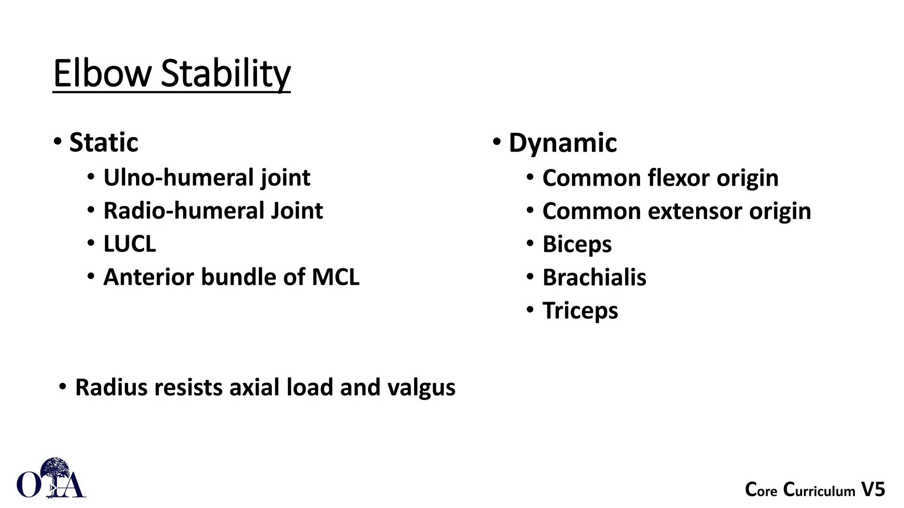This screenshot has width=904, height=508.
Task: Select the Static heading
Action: pyautogui.click(x=104, y=142)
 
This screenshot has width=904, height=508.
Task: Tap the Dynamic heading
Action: pyautogui.click(x=563, y=143)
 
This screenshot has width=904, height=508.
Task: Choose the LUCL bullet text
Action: pyautogui.click(x=129, y=244)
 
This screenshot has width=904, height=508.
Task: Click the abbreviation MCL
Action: pyautogui.click(x=335, y=277)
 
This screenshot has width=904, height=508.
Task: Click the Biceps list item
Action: pyautogui.click(x=577, y=244)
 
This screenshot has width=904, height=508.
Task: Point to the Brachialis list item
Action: pyautogui.click(x=594, y=277)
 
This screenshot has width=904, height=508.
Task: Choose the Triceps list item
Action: pyautogui.click(x=580, y=310)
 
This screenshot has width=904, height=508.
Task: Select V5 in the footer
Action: pyautogui.click(x=873, y=489)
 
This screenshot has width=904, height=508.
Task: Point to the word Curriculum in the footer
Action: pyautogui.click(x=819, y=490)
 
